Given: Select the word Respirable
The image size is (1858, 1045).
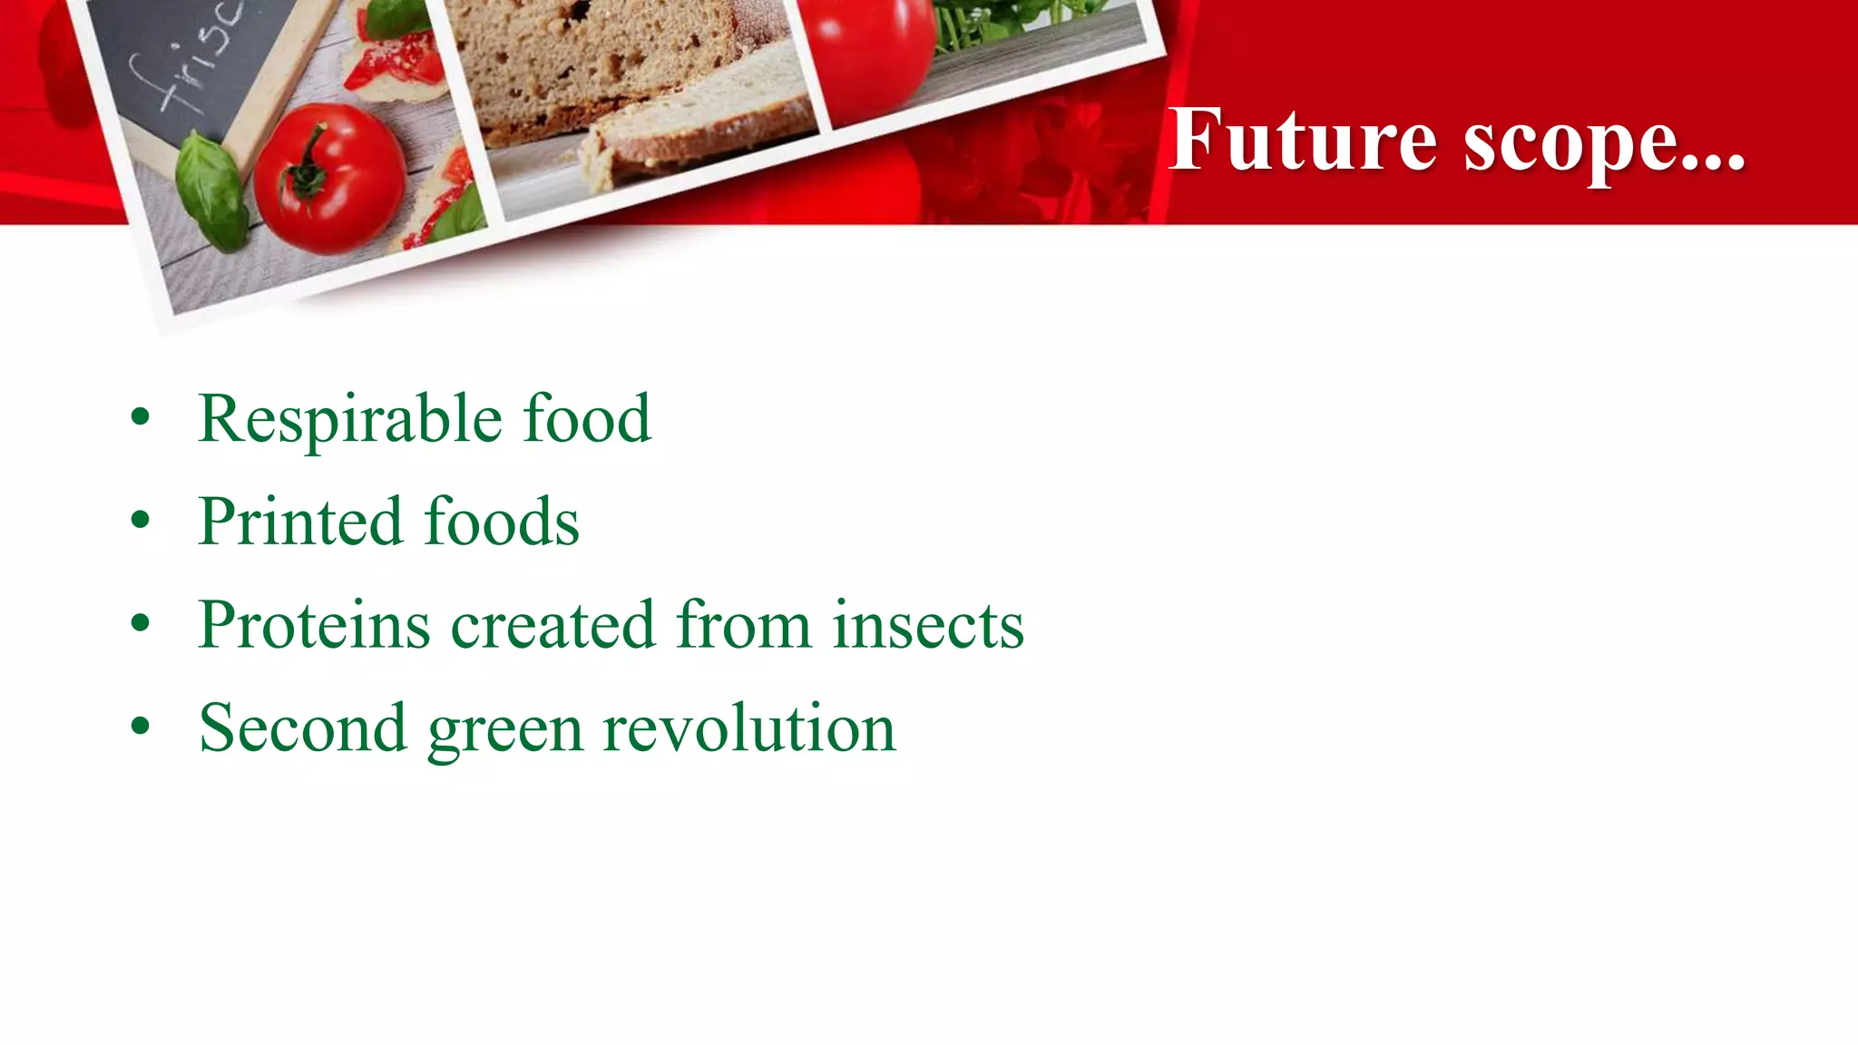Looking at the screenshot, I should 350,419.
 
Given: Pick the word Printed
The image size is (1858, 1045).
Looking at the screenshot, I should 299,522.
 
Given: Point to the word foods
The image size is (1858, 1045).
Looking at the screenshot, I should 501,522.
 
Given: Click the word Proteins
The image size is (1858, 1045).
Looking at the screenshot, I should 314,625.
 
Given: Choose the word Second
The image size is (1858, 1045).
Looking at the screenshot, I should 302,728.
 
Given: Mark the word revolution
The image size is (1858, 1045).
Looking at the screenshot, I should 748,728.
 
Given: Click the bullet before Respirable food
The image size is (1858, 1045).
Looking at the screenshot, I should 140,418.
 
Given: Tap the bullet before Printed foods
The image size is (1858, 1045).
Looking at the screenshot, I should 140,521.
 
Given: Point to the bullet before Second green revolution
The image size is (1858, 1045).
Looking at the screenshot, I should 140,727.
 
